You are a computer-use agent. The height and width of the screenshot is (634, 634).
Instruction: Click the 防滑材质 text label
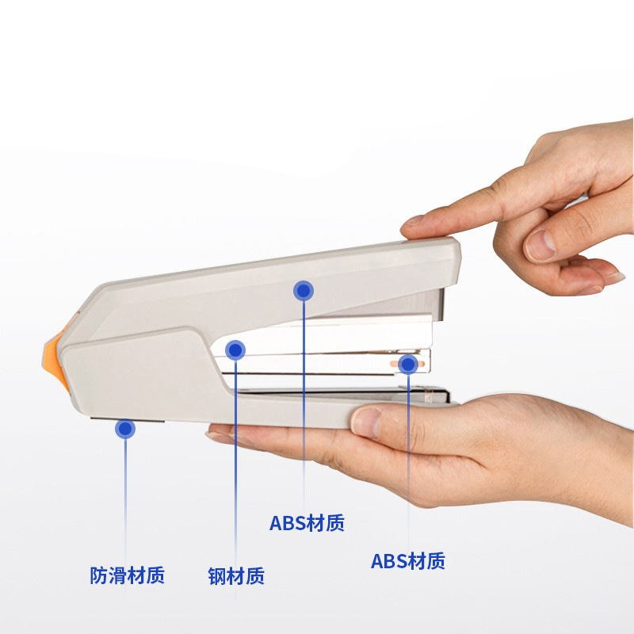click(x=127, y=575)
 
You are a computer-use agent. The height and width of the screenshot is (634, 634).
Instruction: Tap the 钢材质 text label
click(x=236, y=576)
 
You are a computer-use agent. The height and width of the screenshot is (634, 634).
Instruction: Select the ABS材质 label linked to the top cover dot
click(x=307, y=523)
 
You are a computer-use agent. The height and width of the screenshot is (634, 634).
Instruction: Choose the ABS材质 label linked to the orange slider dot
click(x=408, y=561)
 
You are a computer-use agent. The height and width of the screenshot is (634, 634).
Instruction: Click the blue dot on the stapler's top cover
click(x=304, y=291)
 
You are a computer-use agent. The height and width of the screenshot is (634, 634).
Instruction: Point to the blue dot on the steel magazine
click(x=235, y=350)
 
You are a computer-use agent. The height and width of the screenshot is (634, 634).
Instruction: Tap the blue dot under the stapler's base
click(x=125, y=429)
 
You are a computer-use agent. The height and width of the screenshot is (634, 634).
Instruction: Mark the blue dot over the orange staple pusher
click(x=408, y=365)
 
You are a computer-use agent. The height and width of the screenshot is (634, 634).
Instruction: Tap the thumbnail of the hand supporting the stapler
click(x=366, y=422)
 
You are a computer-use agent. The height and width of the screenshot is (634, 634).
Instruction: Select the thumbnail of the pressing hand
click(x=540, y=245)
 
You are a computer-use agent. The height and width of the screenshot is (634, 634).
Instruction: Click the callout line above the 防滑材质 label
click(x=125, y=502)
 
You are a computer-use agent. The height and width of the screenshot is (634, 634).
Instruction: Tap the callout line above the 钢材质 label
click(x=235, y=463)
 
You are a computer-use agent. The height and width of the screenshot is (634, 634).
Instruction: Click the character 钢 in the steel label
click(x=216, y=576)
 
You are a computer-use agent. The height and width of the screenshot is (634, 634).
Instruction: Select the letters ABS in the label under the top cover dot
click(x=288, y=523)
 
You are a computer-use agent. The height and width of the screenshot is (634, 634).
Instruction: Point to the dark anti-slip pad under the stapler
click(x=128, y=420)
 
